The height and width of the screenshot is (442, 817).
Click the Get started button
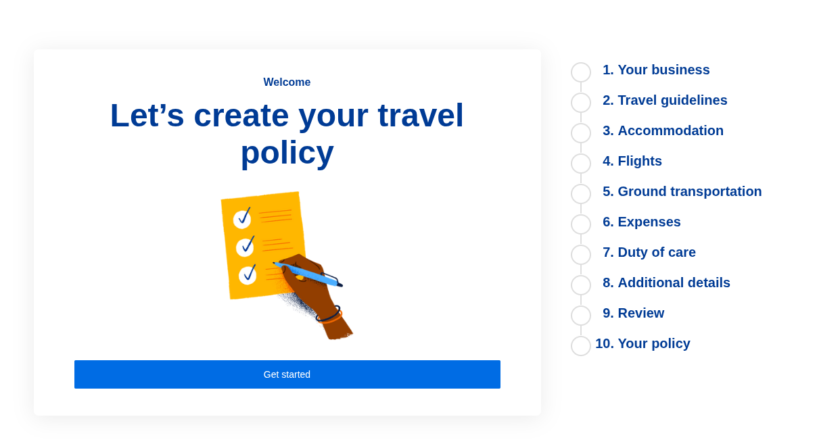point(287,374)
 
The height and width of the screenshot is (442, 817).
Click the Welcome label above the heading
point(287,82)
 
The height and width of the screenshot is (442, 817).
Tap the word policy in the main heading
point(287,153)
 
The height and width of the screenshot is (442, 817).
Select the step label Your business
point(656,70)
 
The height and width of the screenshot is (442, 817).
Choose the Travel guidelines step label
point(665,101)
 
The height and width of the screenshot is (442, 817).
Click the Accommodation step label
point(663,131)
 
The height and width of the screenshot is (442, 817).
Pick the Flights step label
point(632,162)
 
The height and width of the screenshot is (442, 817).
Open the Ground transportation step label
point(682,192)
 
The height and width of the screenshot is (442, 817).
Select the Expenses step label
point(642,222)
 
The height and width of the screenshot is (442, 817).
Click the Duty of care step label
point(649,253)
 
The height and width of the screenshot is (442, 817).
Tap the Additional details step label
point(666,283)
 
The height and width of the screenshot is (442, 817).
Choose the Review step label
point(634,314)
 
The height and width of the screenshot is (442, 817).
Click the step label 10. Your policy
point(643,344)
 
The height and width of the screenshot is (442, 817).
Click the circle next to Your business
point(581,72)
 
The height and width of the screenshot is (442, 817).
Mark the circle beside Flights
point(581,164)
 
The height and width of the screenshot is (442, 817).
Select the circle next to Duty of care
point(581,255)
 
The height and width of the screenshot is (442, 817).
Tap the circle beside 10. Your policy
point(581,346)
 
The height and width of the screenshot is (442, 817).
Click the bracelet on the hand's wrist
point(329,314)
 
